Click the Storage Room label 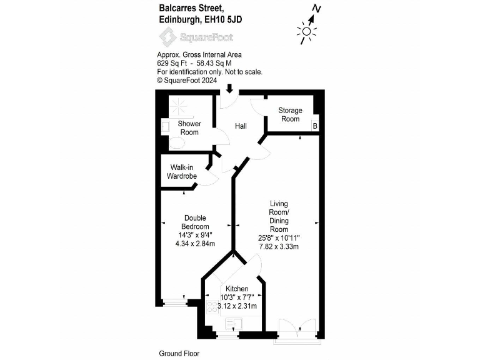[290, 114]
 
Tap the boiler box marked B [315, 126]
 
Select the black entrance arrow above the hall [229, 89]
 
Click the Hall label [241, 126]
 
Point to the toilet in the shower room [176, 143]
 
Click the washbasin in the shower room [165, 126]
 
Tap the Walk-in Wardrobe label [181, 172]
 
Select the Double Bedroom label [195, 222]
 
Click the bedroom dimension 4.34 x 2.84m [195, 244]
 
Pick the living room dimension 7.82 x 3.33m [279, 246]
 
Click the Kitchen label [237, 289]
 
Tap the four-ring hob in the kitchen [212, 307]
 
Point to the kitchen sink [234, 324]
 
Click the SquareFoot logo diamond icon [167, 37]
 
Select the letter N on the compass [316, 9]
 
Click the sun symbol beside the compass [306, 31]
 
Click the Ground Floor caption [179, 354]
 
